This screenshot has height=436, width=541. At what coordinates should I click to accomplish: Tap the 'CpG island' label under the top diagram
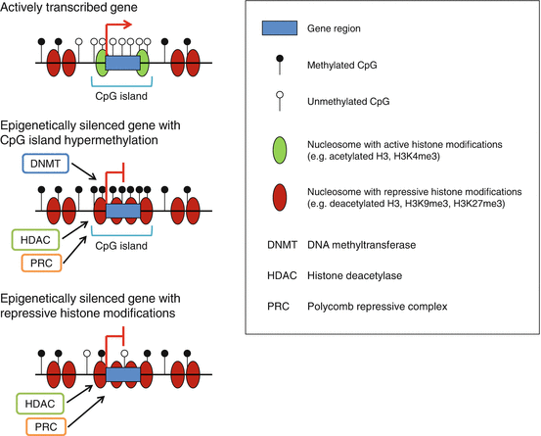pos(122,97)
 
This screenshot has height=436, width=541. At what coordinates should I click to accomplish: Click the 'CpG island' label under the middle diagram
pos(122,246)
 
